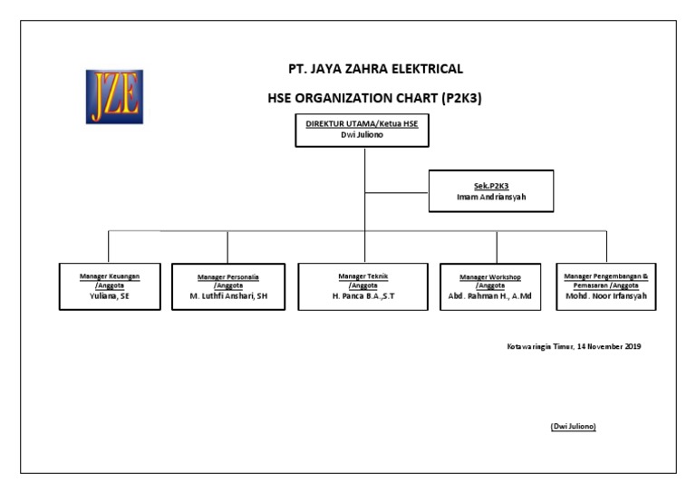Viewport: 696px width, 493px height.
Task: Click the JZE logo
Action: (x=114, y=96)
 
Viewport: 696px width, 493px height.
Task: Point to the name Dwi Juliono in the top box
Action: (x=362, y=135)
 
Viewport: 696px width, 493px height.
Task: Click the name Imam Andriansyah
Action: (x=490, y=196)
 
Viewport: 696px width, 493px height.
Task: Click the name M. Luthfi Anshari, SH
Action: (x=227, y=296)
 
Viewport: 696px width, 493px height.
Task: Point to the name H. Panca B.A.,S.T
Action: (x=362, y=296)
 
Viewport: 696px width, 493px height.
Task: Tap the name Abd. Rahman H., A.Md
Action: (x=490, y=296)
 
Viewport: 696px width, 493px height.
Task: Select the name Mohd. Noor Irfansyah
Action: (x=606, y=296)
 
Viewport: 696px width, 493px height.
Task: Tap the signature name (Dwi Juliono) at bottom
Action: (x=573, y=426)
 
